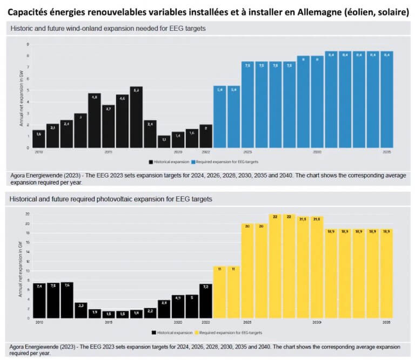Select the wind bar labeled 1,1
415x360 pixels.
pos(164,141)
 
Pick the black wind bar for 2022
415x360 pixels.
pos(206,136)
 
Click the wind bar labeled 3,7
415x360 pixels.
pos(109,126)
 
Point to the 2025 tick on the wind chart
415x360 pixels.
pos(247,152)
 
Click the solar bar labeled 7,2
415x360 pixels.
pos(206,301)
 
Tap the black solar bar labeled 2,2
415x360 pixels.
pos(150,313)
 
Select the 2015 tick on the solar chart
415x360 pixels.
pos(109,322)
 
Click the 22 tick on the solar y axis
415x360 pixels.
pos(27,214)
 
